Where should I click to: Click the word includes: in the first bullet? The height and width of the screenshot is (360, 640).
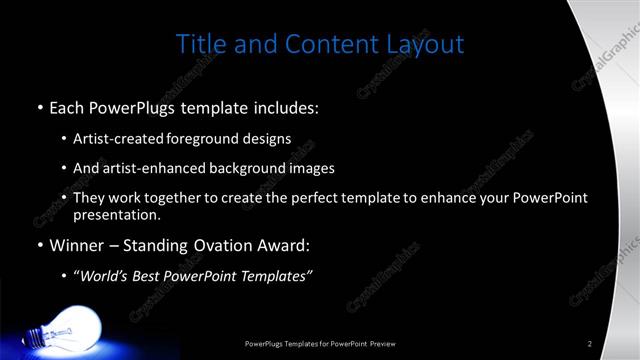coord(284,106)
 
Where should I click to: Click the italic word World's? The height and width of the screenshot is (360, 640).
coord(105,276)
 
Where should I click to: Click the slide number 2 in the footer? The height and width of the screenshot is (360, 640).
coord(590,344)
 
